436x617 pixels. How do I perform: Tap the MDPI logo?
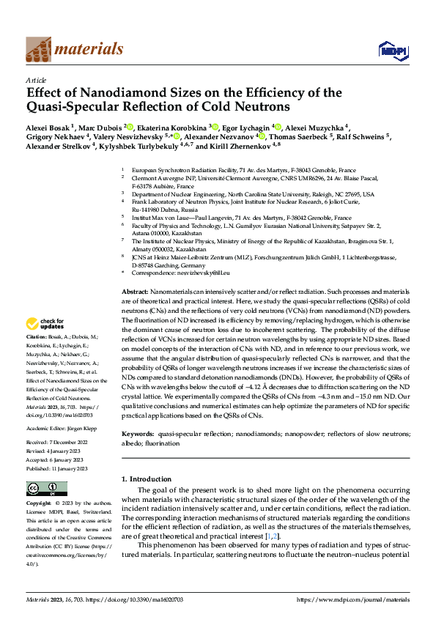(388, 49)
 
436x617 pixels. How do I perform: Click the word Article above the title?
(36, 79)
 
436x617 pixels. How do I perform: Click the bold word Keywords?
(138, 434)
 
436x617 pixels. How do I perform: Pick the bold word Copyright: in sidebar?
(39, 504)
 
